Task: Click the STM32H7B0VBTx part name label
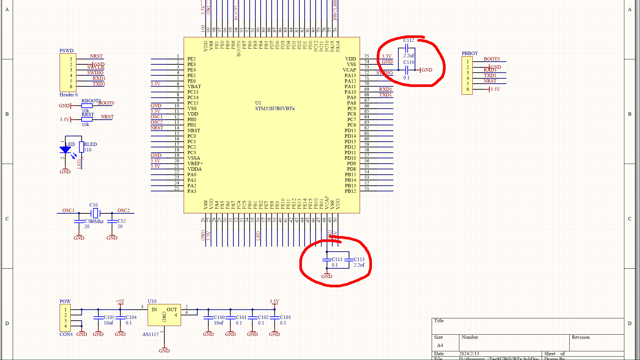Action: [275, 109]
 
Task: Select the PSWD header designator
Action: [66, 51]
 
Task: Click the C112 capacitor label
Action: [409, 40]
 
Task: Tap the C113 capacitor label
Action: [359, 259]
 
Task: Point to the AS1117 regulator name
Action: [150, 334]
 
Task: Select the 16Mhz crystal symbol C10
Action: [95, 213]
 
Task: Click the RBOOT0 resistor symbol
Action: [87, 106]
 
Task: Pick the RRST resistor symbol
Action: [87, 119]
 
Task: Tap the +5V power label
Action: [120, 301]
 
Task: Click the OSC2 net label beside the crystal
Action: [123, 210]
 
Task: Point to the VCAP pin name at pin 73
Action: [349, 70]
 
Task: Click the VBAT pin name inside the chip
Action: [194, 87]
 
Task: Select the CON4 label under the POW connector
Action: [66, 334]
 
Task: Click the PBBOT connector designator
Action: [469, 53]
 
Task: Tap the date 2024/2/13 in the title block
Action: [469, 354]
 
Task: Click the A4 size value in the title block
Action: [440, 345]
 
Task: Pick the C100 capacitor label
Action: [219, 317]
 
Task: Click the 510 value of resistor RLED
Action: [88, 150]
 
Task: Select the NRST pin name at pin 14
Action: [194, 131]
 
